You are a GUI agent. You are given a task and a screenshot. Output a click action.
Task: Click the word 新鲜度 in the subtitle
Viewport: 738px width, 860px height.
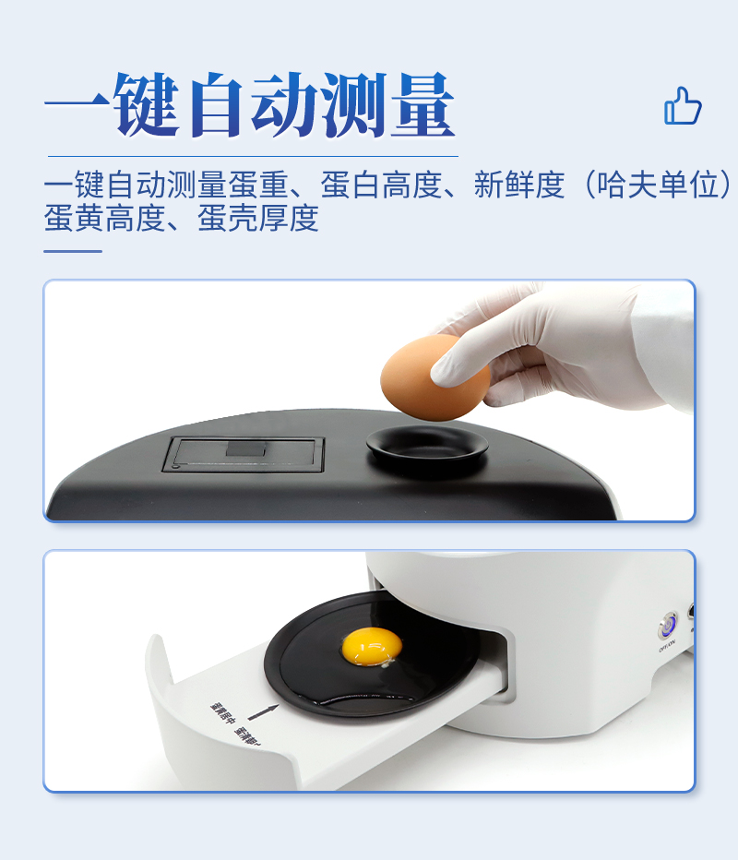[518, 185]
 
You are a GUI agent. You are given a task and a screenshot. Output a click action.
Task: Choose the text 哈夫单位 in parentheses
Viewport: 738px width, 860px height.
[658, 185]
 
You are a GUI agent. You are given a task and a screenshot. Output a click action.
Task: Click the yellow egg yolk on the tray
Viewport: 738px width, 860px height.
[371, 645]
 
